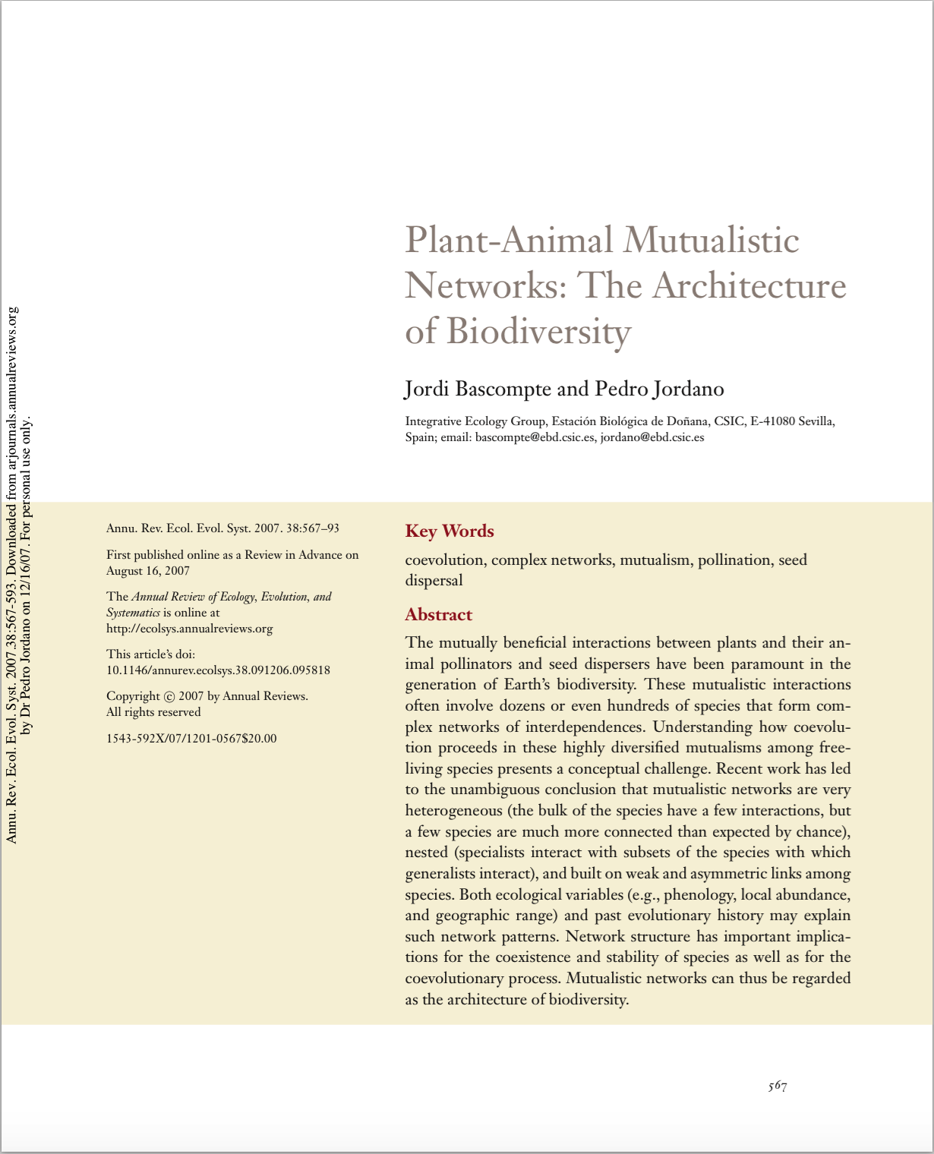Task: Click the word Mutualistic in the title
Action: point(712,240)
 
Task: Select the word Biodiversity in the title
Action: point(538,331)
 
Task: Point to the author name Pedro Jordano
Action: point(659,389)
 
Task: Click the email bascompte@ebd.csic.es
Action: point(535,437)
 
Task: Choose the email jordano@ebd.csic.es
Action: point(652,437)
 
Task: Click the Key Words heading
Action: point(450,531)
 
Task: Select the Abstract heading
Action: point(439,614)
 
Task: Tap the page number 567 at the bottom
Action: point(777,1086)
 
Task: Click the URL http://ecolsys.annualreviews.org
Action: point(189,629)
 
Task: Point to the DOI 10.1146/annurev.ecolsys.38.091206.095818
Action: point(218,670)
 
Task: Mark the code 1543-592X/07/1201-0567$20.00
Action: point(191,738)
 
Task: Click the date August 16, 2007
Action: point(148,571)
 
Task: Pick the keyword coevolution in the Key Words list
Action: point(444,560)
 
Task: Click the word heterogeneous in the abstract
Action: point(453,811)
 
